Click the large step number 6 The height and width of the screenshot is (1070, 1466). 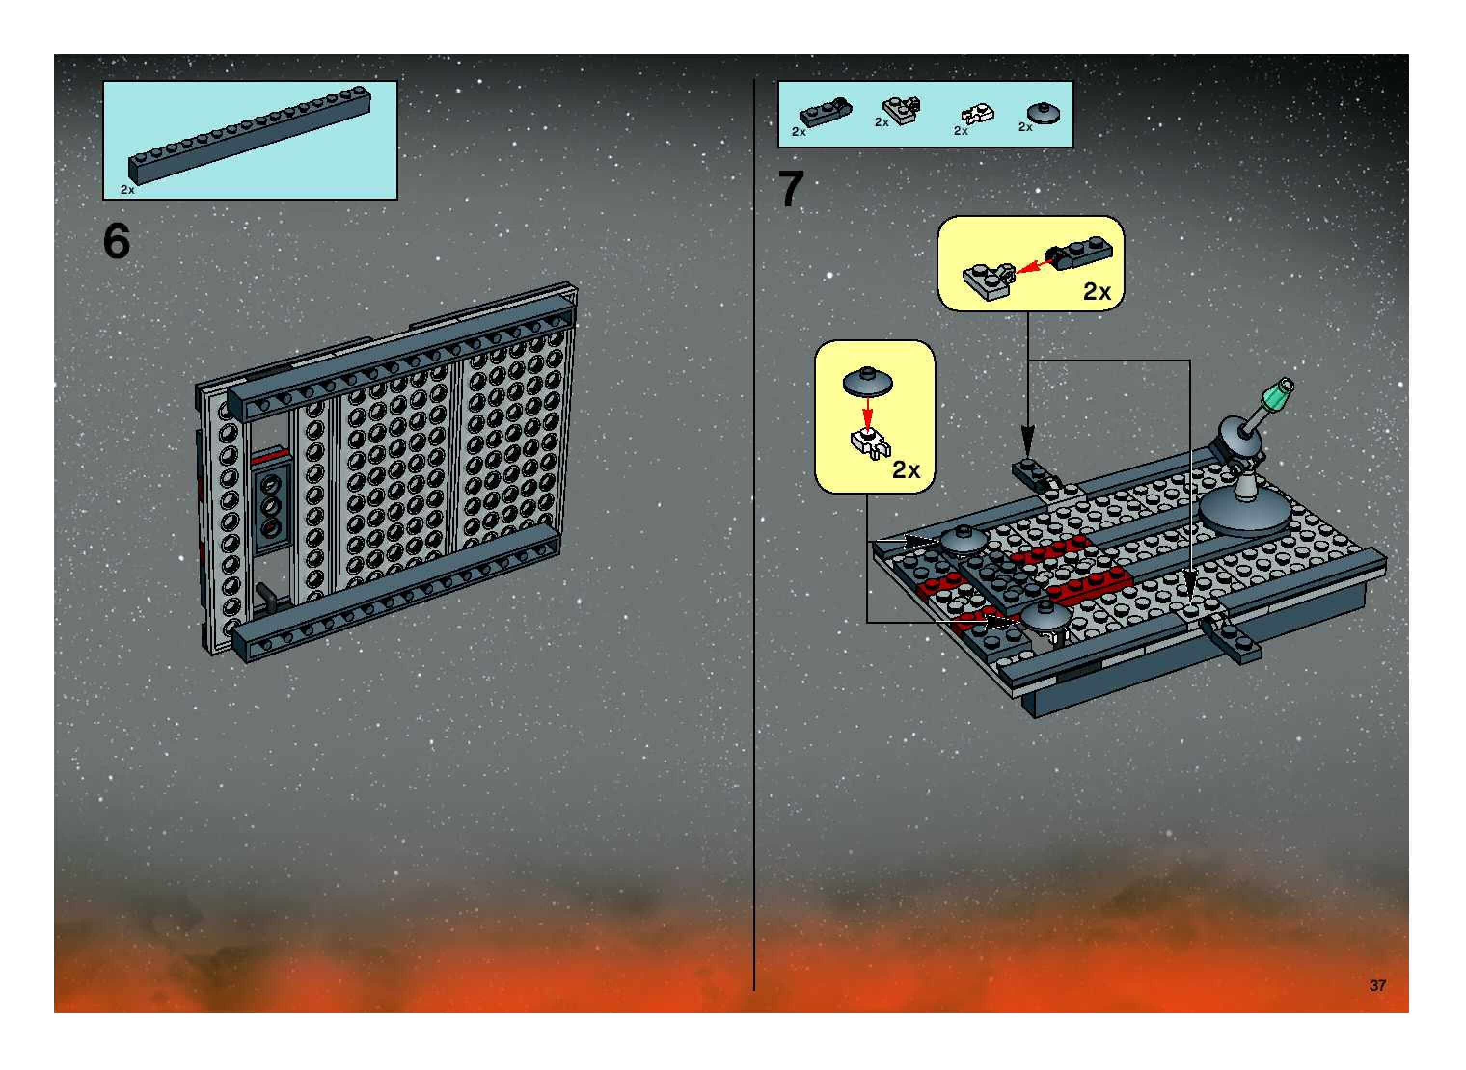(x=117, y=241)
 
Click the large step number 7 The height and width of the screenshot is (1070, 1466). (x=791, y=188)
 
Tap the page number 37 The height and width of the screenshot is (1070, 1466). (x=1377, y=985)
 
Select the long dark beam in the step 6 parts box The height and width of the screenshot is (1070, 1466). (x=249, y=135)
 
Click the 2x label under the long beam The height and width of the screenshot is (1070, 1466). (x=128, y=190)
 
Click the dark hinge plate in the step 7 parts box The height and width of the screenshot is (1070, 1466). (x=826, y=111)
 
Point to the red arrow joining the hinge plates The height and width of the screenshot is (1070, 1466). (x=1032, y=266)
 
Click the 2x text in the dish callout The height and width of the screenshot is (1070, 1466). (x=906, y=469)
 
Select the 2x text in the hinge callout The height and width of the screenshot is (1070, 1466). (x=1097, y=292)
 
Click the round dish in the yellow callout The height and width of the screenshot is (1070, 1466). (x=868, y=382)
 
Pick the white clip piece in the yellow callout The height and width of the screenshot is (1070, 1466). (x=870, y=444)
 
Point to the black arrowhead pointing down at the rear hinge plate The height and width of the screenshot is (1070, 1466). (x=1028, y=439)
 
